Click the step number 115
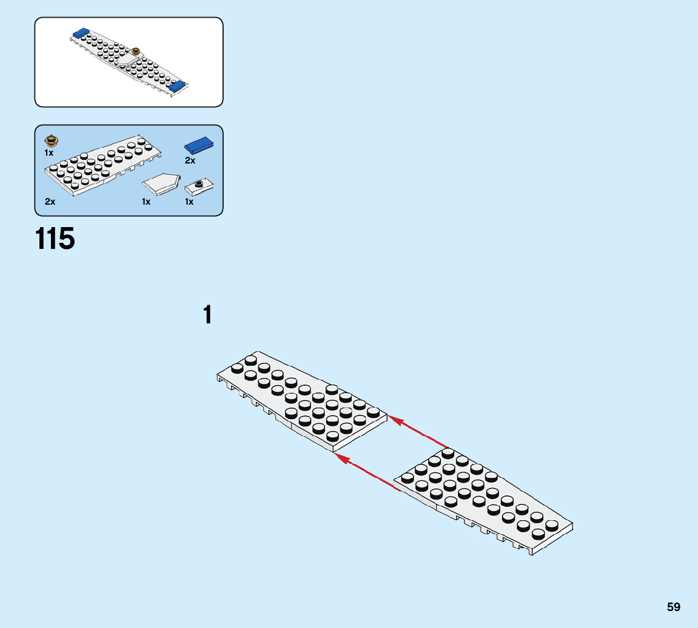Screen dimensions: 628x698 click(55, 239)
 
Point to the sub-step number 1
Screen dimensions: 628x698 click(208, 316)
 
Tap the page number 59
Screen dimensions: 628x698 click(673, 607)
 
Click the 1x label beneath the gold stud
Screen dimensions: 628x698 click(49, 153)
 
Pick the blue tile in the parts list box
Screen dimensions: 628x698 click(199, 145)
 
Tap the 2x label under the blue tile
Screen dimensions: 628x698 click(190, 161)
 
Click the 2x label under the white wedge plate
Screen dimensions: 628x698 click(50, 202)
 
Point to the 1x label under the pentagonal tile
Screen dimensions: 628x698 click(146, 202)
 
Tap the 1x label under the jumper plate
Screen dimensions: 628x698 click(189, 202)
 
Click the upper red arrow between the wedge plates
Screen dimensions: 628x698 click(418, 431)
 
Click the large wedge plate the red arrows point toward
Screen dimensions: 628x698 click(303, 400)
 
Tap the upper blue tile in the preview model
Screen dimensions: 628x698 click(81, 32)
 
